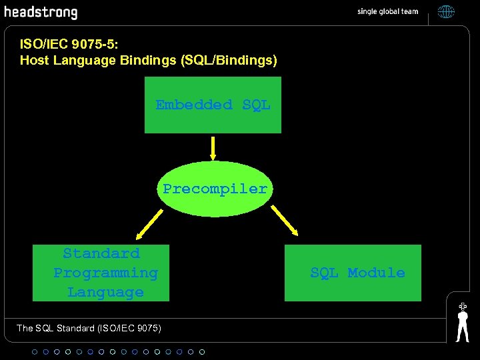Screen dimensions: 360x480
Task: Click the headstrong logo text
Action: pos(41,13)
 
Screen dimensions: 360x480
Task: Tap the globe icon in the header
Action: pos(446,11)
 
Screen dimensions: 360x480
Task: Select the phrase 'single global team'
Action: pos(387,11)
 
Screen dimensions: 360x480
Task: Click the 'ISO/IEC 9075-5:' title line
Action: pos(69,45)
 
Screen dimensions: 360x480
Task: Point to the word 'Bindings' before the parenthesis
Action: pos(148,61)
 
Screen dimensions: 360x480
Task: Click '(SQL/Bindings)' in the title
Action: pos(228,61)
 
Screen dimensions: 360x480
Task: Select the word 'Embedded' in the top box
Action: pos(194,105)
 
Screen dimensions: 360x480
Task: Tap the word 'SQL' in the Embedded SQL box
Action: pos(257,105)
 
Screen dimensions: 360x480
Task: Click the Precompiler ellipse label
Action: pos(215,189)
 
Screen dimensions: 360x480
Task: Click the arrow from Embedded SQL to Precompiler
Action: pos(213,148)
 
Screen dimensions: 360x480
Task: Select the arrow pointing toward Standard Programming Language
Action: pos(148,223)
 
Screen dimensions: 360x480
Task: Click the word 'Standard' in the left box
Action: pos(101,253)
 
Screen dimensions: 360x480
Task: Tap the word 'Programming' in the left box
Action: pos(105,273)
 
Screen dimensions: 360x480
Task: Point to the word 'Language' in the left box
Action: pos(105,292)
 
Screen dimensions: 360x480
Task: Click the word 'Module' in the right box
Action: pos(377,273)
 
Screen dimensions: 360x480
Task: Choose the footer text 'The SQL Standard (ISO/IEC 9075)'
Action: pos(89,328)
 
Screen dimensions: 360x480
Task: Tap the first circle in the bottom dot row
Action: pos(35,351)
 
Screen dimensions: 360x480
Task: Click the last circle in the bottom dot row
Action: pos(202,351)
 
